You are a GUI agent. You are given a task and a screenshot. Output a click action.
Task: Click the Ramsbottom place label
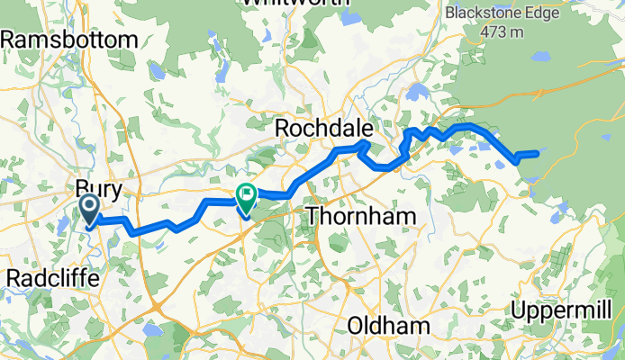click(71, 40)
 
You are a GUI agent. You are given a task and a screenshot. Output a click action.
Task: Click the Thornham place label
click(361, 216)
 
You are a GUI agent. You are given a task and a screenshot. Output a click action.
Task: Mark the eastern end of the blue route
click(538, 153)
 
